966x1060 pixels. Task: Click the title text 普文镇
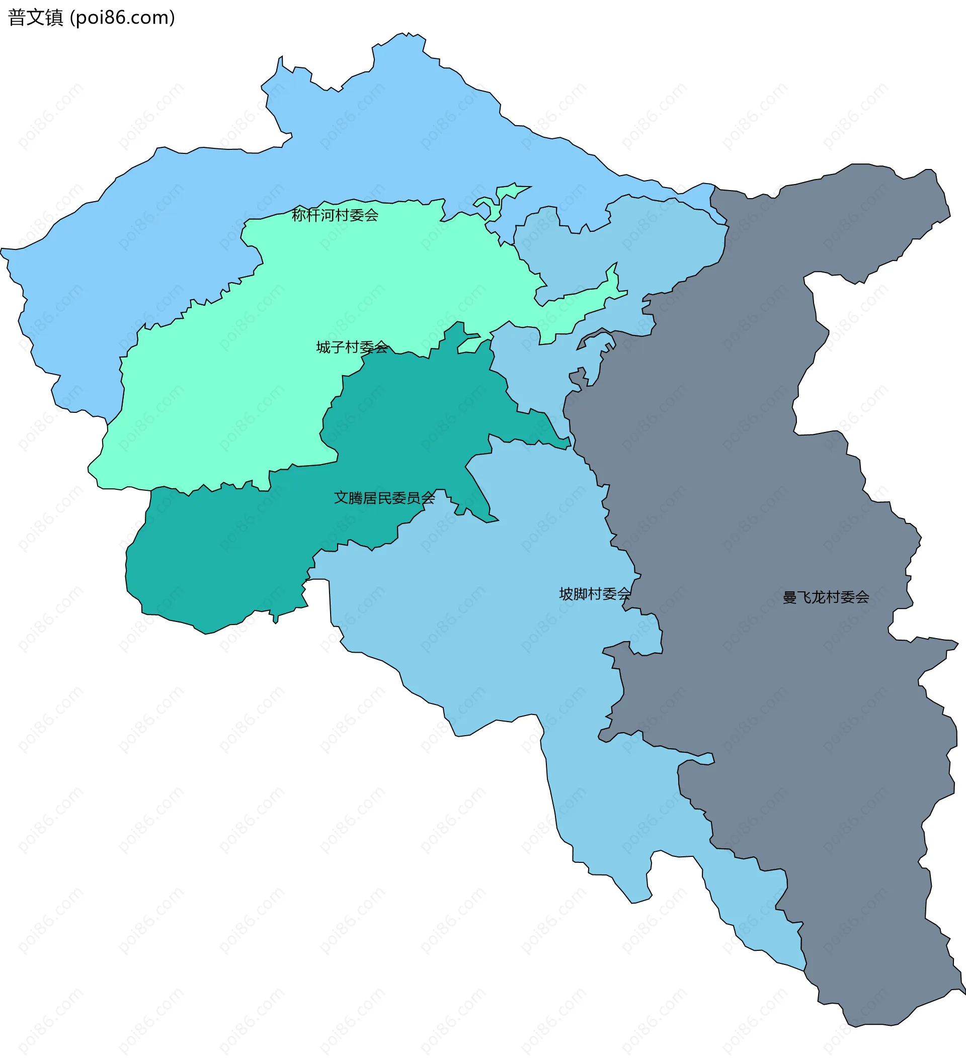tap(35, 18)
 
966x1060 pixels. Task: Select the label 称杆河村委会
tap(335, 215)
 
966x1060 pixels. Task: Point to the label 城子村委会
tap(352, 347)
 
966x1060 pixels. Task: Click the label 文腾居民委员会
tap(384, 497)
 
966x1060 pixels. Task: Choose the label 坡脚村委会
tap(595, 594)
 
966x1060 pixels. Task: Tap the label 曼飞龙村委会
tap(826, 597)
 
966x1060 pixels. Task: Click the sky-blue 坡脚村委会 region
tap(473, 631)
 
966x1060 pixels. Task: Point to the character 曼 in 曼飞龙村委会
tap(790, 597)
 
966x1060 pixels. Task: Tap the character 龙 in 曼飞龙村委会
tap(819, 597)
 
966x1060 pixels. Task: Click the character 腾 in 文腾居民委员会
tap(356, 497)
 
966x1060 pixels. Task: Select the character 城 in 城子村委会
tap(323, 347)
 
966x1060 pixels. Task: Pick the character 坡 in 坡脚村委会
tap(566, 594)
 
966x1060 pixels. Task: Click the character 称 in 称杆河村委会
tap(299, 215)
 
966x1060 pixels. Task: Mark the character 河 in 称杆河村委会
tap(328, 215)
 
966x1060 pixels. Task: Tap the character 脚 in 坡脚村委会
tap(580, 594)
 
